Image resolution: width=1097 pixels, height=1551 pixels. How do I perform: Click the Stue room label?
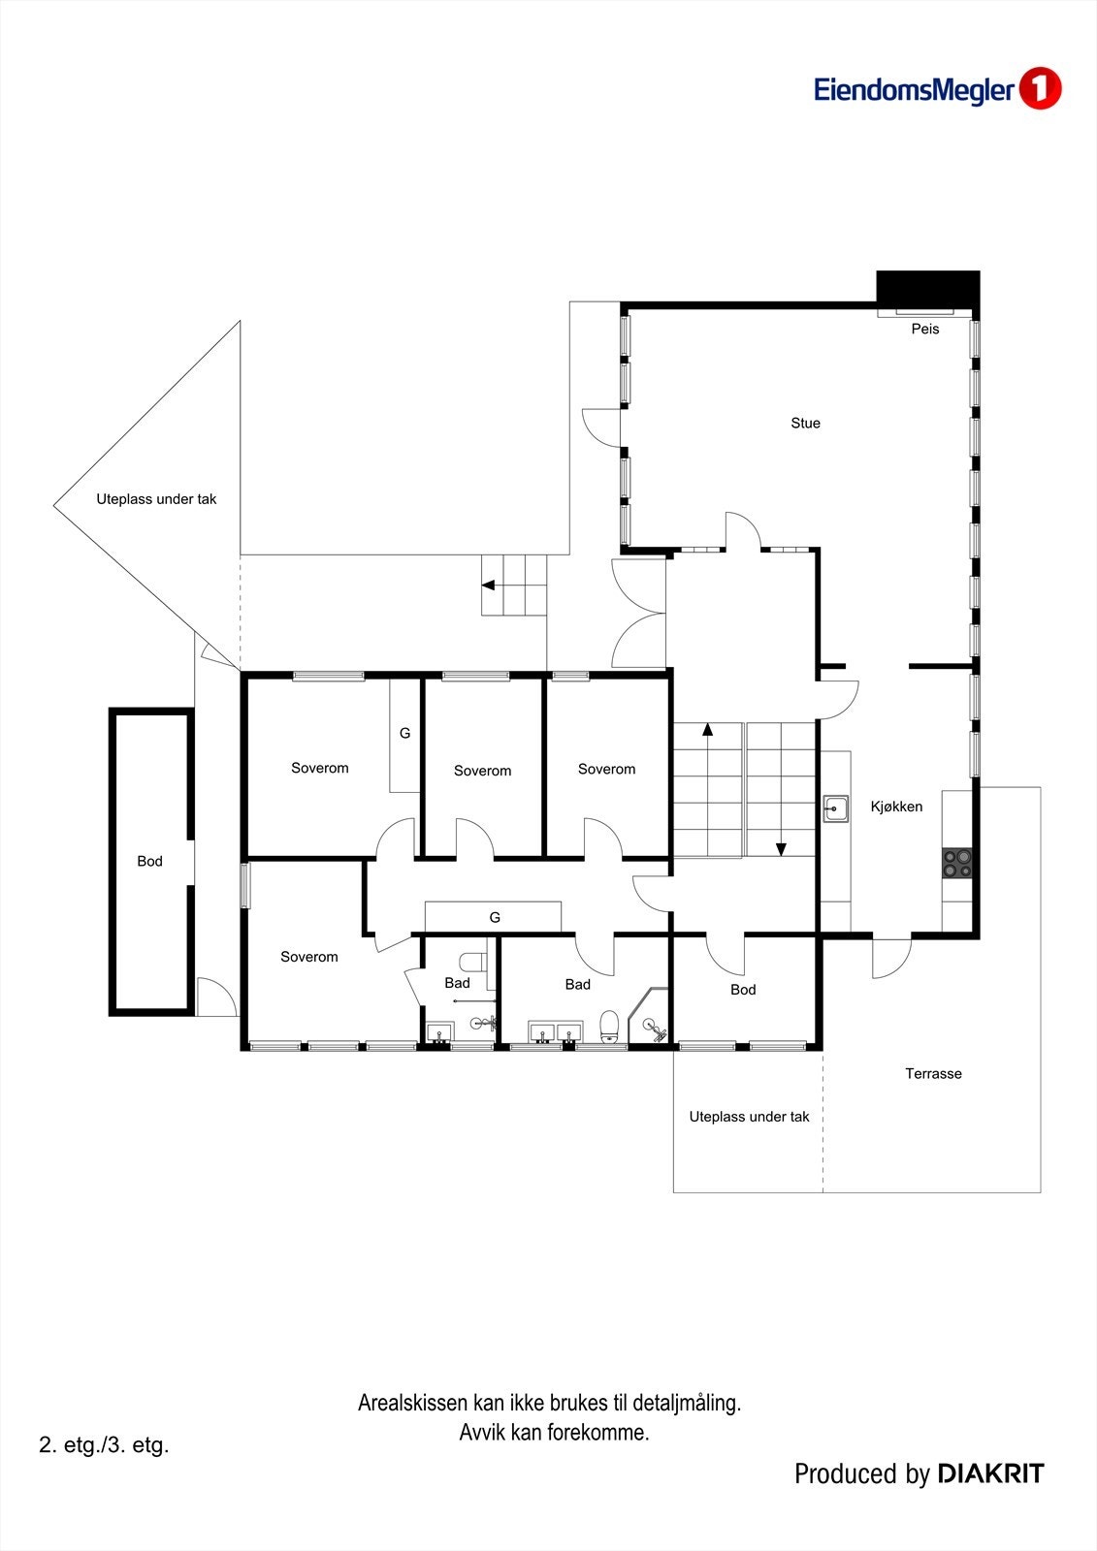tap(805, 423)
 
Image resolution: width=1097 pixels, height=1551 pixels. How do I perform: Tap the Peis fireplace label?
tap(925, 329)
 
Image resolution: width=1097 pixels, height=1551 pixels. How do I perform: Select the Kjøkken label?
tap(896, 807)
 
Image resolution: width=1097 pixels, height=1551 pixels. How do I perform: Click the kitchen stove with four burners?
tap(957, 864)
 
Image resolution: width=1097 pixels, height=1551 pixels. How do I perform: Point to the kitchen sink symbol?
tap(836, 808)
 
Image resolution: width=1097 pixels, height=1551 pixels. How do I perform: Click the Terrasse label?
tap(933, 1074)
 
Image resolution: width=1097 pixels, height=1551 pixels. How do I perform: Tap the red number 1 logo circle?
tap(1040, 88)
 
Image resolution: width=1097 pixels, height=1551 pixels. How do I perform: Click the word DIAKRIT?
tap(991, 1474)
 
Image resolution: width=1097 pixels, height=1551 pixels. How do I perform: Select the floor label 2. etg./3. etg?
tap(104, 1445)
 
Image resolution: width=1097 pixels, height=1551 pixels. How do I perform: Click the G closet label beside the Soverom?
tap(404, 733)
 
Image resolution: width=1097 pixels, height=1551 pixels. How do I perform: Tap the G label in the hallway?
tap(495, 917)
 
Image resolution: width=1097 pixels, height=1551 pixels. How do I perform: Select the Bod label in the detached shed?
tap(149, 862)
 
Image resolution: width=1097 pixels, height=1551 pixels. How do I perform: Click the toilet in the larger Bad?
tap(609, 1027)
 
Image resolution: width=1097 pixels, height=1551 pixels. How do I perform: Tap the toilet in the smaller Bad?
tap(474, 961)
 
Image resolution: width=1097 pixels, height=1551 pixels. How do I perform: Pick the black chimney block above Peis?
tap(928, 287)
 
